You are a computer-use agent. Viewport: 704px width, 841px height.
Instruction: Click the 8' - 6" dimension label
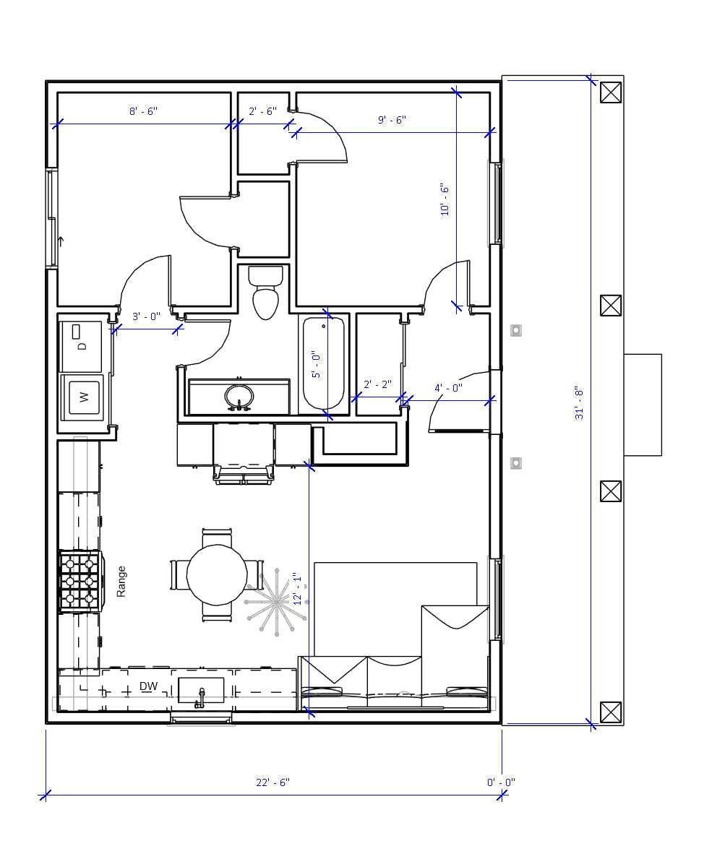(143, 111)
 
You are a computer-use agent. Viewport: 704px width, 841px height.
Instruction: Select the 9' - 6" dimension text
(392, 120)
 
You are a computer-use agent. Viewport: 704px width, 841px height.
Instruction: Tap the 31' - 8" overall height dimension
(580, 404)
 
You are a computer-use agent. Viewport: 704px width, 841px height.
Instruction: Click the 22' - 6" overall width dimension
(272, 782)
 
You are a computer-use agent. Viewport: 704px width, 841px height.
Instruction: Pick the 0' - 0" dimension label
(501, 782)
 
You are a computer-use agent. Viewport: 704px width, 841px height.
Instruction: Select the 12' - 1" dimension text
(296, 589)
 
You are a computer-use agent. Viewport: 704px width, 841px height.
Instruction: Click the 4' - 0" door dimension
(448, 388)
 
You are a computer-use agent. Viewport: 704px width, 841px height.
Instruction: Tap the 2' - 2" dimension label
(377, 385)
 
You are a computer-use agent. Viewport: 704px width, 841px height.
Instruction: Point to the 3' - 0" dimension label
(146, 316)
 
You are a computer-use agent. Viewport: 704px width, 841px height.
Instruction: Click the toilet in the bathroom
(266, 293)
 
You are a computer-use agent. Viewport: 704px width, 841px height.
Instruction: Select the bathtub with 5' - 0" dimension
(323, 364)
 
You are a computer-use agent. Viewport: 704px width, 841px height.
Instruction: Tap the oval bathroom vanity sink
(239, 397)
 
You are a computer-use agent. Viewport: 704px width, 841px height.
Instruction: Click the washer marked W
(84, 397)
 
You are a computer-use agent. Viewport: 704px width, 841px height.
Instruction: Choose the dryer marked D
(82, 345)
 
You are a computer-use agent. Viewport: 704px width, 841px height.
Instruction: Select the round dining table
(217, 574)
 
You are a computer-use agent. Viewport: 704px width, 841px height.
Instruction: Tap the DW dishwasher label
(148, 686)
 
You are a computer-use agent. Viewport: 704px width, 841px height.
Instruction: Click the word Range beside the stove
(121, 581)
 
